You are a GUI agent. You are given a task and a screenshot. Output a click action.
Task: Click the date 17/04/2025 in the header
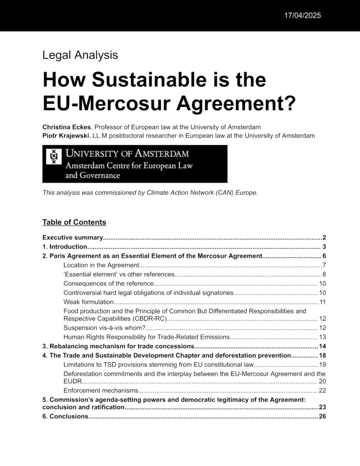point(303,15)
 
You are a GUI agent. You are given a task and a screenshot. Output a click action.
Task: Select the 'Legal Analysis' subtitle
point(80,55)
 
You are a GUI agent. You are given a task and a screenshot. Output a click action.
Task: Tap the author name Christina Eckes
point(66,127)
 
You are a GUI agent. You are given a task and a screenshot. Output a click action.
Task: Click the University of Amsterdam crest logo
point(54,157)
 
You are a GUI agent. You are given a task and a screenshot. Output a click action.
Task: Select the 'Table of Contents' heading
point(74,222)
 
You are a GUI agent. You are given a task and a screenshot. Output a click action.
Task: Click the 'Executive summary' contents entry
point(72,238)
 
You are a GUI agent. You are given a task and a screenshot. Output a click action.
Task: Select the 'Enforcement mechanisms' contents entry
point(100,390)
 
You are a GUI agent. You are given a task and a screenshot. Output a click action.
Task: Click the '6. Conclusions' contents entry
point(65,416)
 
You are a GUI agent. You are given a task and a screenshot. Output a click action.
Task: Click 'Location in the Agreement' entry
point(101,265)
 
